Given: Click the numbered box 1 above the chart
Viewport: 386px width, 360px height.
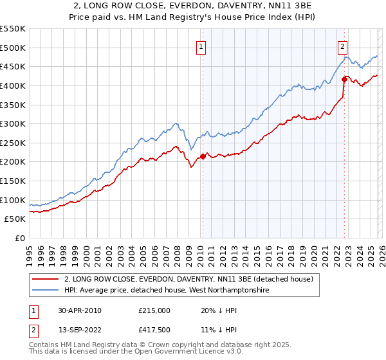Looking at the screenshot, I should click(x=201, y=46).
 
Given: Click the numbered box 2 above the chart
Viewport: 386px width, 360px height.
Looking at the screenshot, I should click(x=343, y=46).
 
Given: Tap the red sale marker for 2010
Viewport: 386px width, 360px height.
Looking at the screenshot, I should click(x=203, y=156).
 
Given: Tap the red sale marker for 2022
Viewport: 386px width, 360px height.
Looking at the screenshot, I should click(x=344, y=79).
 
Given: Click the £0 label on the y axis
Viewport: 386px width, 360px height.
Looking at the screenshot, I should click(x=19, y=238).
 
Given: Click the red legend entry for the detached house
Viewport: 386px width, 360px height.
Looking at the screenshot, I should click(x=188, y=279).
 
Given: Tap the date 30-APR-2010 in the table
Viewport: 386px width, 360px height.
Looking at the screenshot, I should click(x=79, y=310).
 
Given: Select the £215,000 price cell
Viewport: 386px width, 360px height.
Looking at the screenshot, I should click(x=154, y=310).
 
